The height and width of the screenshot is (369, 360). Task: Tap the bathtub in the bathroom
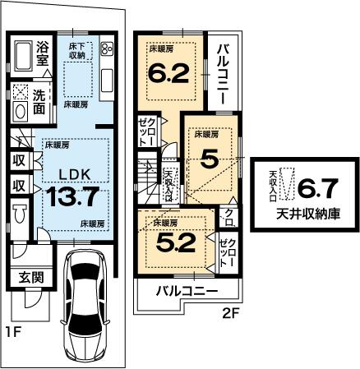(23, 55)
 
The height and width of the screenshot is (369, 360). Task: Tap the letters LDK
(70, 173)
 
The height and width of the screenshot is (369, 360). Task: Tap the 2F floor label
(233, 313)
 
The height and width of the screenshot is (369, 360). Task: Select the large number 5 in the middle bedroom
(210, 159)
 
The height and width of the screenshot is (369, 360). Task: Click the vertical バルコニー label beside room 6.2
(222, 73)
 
